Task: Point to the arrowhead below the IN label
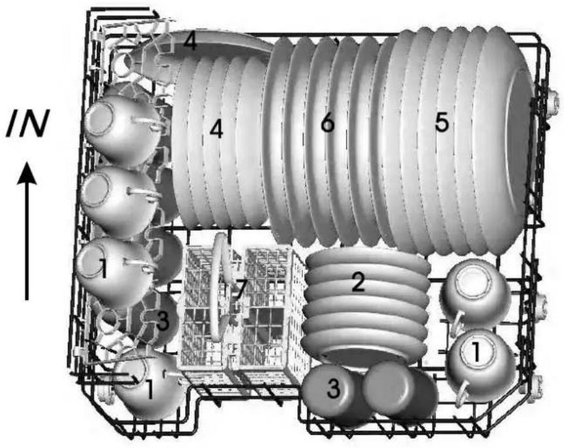pos(27,174)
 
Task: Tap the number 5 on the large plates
pos(442,123)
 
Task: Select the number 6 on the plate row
pos(328,123)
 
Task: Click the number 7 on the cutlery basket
pos(240,290)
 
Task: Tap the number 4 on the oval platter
pos(190,42)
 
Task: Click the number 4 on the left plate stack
pos(216,130)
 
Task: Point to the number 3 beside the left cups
pos(162,321)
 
